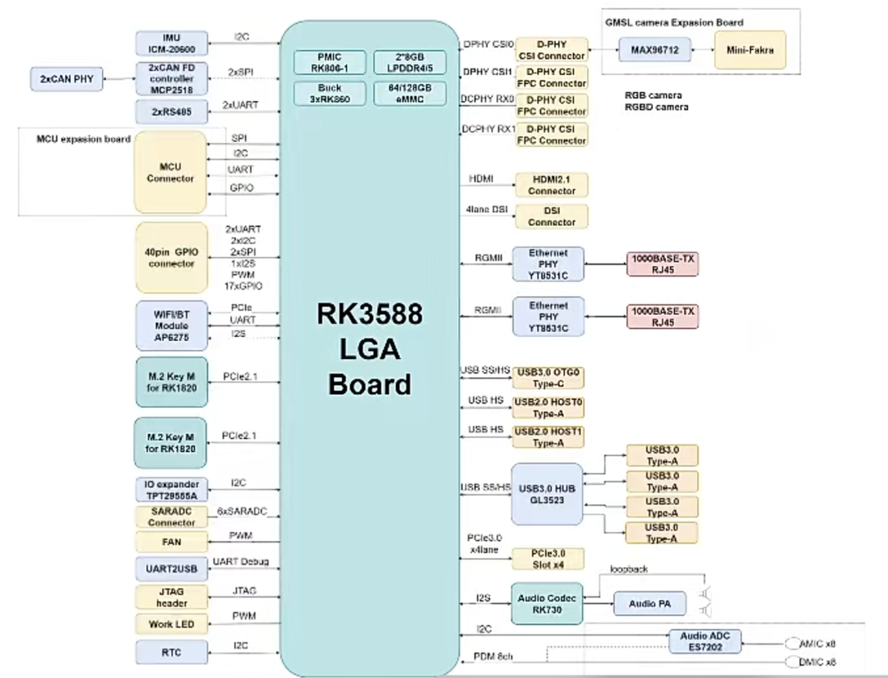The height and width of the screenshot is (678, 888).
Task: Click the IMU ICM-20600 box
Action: [171, 44]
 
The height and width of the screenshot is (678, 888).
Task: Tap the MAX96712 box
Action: [654, 50]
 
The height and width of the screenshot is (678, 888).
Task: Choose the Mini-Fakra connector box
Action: [749, 50]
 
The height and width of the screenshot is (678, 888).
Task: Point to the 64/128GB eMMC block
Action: [410, 93]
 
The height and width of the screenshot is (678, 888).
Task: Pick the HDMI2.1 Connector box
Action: [552, 185]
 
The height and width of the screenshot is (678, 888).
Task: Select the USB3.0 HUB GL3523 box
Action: [547, 494]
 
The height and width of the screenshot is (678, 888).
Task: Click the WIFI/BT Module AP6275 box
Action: [171, 325]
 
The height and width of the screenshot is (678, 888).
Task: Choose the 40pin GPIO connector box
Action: [171, 258]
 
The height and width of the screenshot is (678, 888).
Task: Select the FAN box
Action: [171, 542]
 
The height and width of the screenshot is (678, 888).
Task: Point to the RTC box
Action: [171, 653]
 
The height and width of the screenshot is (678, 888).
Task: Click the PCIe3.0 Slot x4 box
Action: [548, 559]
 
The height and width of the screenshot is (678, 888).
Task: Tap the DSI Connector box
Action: [552, 216]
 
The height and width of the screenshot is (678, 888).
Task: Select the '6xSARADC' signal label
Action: [242, 511]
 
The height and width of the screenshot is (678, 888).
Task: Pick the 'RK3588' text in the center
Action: [370, 315]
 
